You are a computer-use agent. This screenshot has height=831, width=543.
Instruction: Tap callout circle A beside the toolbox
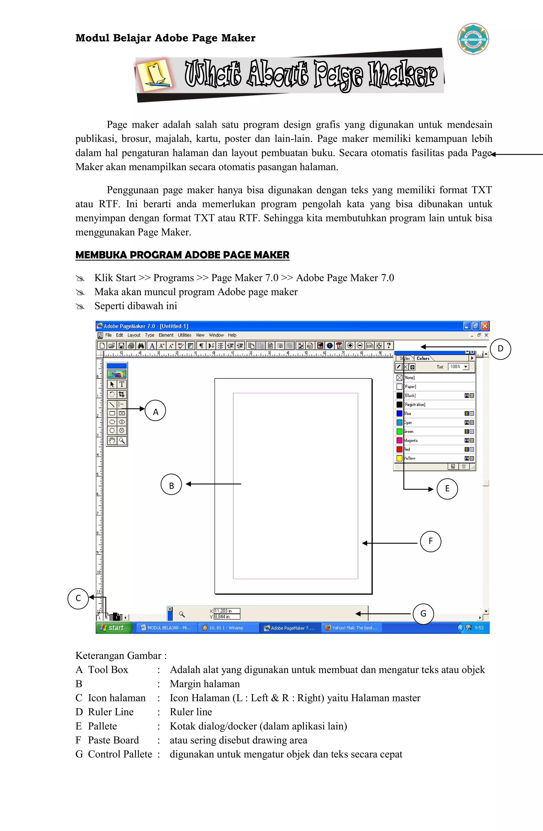pos(155,411)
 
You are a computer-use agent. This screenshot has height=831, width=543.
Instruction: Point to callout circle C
pos(78,599)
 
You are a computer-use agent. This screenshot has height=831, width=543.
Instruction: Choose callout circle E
pos(447,488)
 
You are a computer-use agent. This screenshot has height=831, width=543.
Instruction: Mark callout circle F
pos(430,541)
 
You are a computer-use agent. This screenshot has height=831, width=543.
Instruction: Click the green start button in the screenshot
pos(114,628)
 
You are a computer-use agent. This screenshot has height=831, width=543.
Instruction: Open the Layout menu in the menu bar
pos(134,335)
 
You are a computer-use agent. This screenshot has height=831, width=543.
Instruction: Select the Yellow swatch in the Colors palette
pos(400,458)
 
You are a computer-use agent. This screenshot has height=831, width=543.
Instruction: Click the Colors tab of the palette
pos(423,358)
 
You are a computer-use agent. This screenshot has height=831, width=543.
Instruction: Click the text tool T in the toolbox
pos(122,384)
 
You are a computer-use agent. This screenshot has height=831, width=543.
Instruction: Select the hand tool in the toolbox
pos(112,441)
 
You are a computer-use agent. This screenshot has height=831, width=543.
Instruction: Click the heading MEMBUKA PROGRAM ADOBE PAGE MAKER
pos(182,255)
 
